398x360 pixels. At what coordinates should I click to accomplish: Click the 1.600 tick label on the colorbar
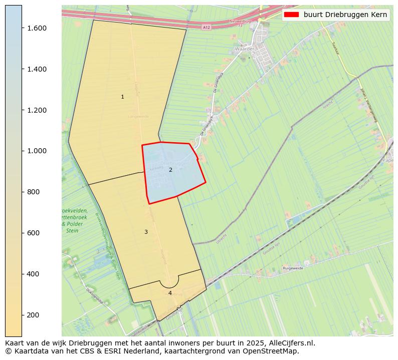pyautogui.click(x=37, y=28)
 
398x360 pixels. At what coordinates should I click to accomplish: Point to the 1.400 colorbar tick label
pyautogui.click(x=37, y=69)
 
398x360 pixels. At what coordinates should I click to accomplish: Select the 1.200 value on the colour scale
pyautogui.click(x=37, y=110)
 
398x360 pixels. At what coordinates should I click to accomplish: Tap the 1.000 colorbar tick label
pyautogui.click(x=37, y=151)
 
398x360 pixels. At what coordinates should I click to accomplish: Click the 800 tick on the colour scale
pyautogui.click(x=34, y=192)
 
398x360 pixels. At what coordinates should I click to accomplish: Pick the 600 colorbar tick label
pyautogui.click(x=34, y=233)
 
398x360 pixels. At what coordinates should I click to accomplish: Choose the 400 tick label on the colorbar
pyautogui.click(x=34, y=274)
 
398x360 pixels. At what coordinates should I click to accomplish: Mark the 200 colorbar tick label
pyautogui.click(x=34, y=315)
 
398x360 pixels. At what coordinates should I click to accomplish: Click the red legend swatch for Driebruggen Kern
pyautogui.click(x=291, y=15)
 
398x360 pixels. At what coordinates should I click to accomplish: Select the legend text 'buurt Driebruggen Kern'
pyautogui.click(x=345, y=15)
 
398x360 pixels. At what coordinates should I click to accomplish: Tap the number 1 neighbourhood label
pyautogui.click(x=122, y=97)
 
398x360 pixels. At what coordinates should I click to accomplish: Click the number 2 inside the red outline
pyautogui.click(x=170, y=170)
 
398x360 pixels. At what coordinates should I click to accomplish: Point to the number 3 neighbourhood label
pyautogui.click(x=146, y=232)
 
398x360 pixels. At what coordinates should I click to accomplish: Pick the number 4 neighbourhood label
pyautogui.click(x=170, y=293)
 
